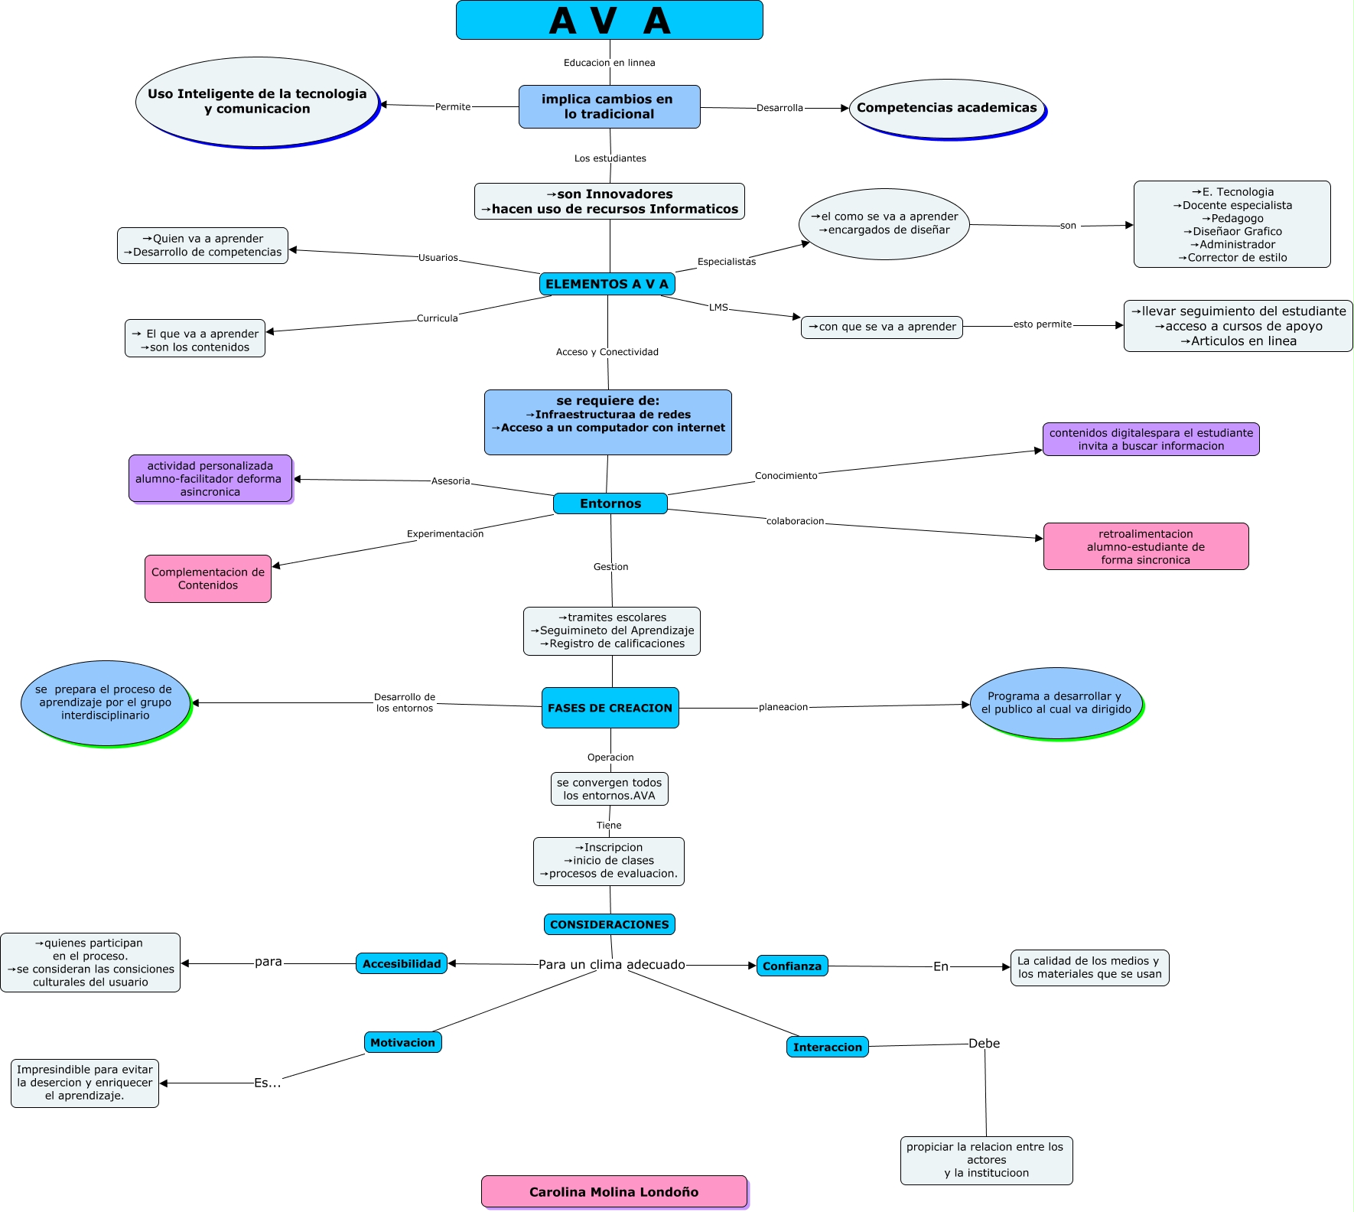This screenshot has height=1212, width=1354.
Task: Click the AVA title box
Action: click(609, 20)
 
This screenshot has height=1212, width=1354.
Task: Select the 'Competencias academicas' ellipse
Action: click(946, 108)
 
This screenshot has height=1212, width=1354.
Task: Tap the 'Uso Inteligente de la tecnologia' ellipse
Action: click(257, 101)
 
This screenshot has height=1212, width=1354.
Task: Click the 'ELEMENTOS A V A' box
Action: click(607, 284)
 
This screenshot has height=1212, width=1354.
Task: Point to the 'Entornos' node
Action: click(610, 503)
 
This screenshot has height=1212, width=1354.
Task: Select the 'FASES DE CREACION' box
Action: click(610, 708)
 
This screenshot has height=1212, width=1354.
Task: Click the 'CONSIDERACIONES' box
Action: click(609, 924)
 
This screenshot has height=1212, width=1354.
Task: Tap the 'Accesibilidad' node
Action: click(402, 963)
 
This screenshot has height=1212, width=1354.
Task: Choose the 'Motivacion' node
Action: click(402, 1042)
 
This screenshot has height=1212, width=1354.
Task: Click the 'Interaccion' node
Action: click(827, 1047)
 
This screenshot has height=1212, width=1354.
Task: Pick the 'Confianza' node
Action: click(792, 966)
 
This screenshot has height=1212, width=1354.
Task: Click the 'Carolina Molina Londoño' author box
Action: click(614, 1191)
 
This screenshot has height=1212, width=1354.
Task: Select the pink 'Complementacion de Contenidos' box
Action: click(208, 578)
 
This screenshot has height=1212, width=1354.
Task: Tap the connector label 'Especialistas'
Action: click(726, 262)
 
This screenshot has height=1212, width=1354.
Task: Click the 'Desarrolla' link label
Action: click(780, 108)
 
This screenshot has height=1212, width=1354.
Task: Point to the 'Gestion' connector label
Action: click(610, 567)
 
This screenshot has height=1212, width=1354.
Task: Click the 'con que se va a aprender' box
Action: click(881, 327)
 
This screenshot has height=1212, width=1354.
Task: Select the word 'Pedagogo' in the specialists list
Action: click(1237, 218)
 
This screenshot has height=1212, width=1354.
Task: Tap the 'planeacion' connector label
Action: click(783, 707)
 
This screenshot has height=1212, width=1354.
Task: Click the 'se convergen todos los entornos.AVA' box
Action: click(609, 789)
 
